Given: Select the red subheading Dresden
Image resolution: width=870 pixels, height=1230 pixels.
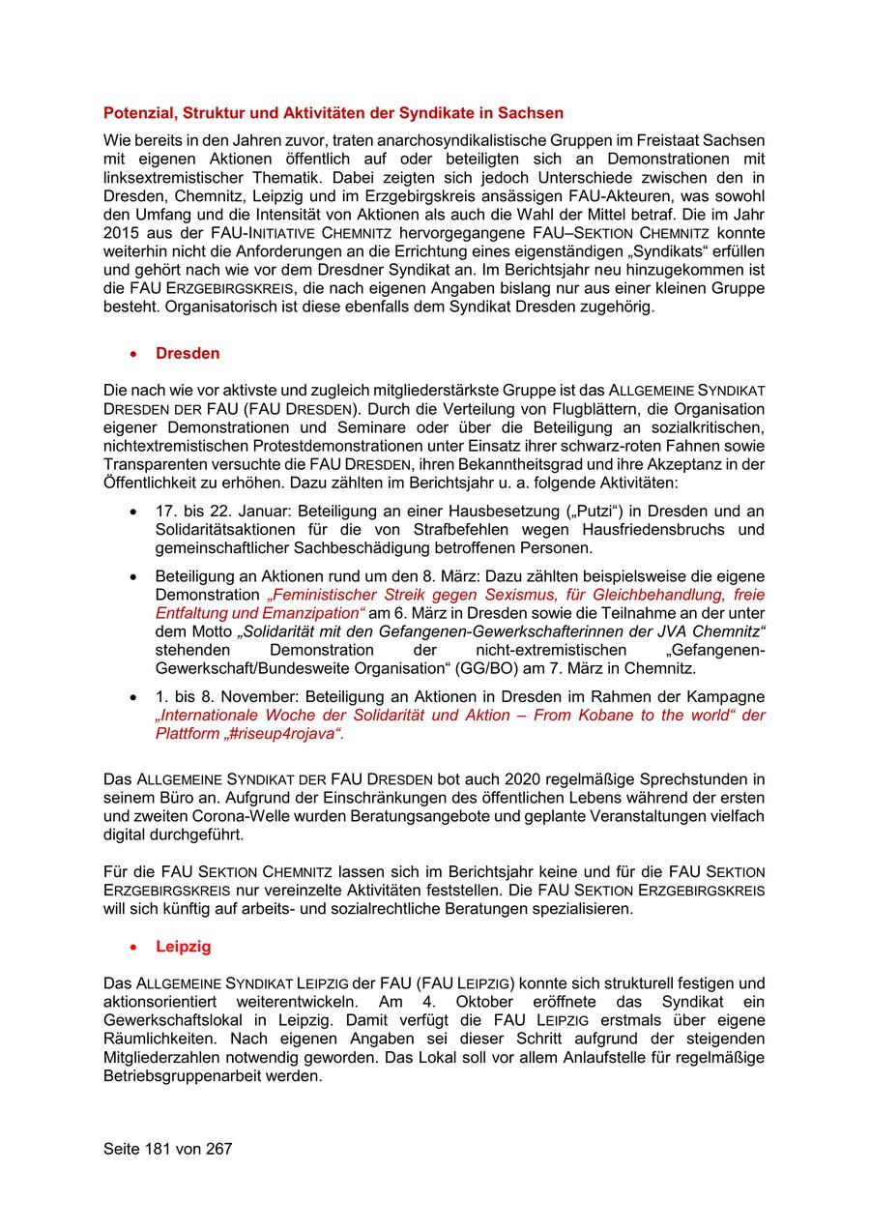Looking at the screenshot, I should tap(188, 354).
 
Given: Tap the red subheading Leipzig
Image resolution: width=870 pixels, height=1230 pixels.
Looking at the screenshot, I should tap(184, 947).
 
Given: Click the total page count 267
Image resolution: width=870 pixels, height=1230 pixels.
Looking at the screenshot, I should tap(218, 1149).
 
